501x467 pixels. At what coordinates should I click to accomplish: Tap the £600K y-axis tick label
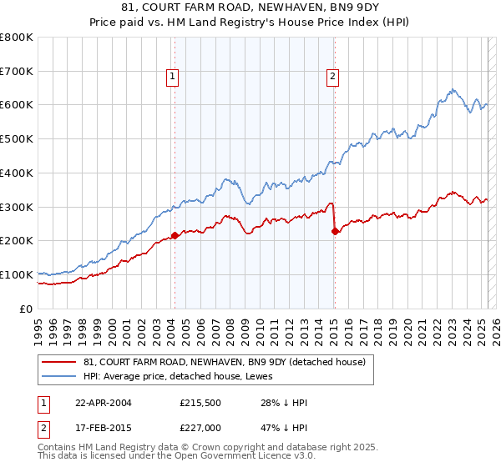click(17, 105)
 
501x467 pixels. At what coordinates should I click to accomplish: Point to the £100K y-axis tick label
click(17, 274)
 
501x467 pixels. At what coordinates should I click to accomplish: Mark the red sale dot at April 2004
click(175, 235)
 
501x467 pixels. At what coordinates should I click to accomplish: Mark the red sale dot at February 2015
click(335, 231)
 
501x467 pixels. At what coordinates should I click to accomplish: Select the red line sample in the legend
click(59, 362)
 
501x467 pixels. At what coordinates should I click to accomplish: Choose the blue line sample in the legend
click(59, 376)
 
